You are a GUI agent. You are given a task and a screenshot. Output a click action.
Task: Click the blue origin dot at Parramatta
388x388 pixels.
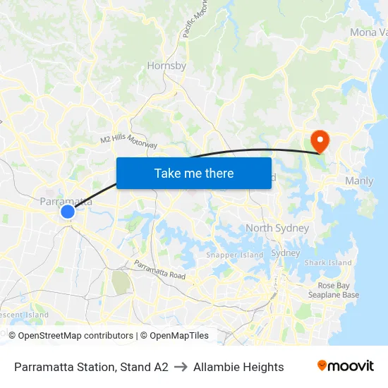[x=68, y=212]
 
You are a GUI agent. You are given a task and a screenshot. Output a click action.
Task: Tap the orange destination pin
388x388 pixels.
[x=320, y=140]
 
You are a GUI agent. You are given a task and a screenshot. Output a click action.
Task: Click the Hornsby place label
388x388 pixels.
[x=166, y=66]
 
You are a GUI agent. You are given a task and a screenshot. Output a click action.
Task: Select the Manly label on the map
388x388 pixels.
[x=359, y=181]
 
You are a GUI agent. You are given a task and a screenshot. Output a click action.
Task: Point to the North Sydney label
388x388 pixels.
[x=277, y=228]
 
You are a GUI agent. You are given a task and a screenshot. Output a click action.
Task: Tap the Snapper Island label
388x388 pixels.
[x=234, y=255]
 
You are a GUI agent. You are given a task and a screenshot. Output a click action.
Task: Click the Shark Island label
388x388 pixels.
[x=328, y=263]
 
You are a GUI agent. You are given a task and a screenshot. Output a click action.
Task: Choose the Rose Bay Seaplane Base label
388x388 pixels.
[x=334, y=291]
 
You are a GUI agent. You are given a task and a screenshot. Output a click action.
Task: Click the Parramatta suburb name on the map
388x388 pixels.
[x=66, y=202]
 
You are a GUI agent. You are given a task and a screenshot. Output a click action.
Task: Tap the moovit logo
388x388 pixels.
[x=345, y=366]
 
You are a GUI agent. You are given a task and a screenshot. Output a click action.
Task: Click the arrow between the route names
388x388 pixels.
[x=181, y=367]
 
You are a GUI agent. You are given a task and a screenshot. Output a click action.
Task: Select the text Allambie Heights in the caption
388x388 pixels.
[x=238, y=367]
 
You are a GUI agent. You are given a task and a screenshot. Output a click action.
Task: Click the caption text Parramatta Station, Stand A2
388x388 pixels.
[x=91, y=367]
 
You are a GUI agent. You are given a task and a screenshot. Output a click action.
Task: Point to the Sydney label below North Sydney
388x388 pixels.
[x=286, y=253]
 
